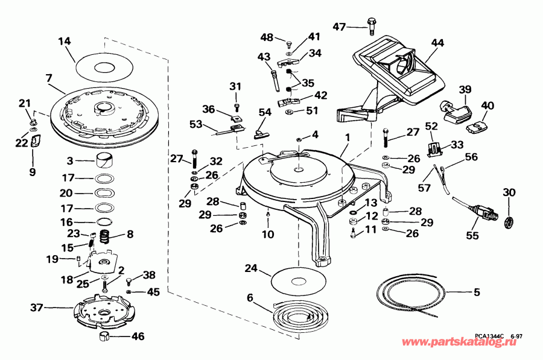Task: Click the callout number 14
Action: pyautogui.click(x=65, y=41)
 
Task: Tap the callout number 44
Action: pyautogui.click(x=437, y=43)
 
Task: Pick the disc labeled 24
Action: pyautogui.click(x=296, y=281)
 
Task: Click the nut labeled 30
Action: pyautogui.click(x=509, y=221)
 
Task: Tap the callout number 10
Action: pyautogui.click(x=267, y=234)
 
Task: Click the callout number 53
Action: pyautogui.click(x=196, y=124)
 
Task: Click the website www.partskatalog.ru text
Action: pyautogui.click(x=466, y=343)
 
